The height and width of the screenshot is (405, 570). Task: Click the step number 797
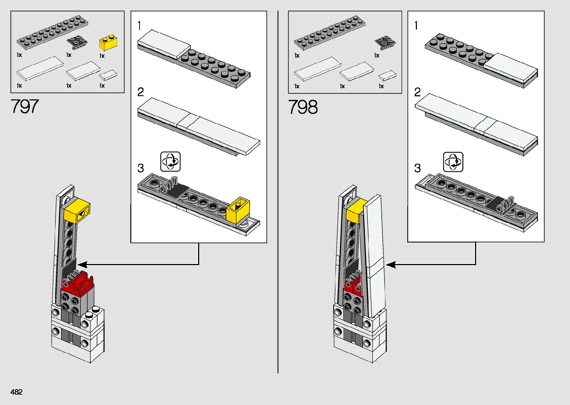pos(25,106)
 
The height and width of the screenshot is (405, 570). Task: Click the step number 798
pos(303,107)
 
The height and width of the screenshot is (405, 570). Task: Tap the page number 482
pos(16,392)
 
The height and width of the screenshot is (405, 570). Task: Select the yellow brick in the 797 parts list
pos(108,43)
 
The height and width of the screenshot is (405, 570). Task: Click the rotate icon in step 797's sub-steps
pos(170,161)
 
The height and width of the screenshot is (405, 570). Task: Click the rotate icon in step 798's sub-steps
pos(453,162)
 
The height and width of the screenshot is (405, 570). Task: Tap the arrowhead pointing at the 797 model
pos(82,265)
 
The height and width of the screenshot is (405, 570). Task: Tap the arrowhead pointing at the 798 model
pos(391,265)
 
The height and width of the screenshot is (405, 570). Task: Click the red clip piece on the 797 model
pos(78,284)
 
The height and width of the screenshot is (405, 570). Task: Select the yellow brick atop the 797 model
pos(77,210)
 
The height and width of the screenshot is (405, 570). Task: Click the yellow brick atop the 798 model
pos(356,212)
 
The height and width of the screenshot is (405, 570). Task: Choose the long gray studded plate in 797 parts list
pos(52,32)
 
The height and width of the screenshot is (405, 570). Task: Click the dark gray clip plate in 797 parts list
pos(77,43)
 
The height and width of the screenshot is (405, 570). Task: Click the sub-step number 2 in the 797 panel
pos(140,92)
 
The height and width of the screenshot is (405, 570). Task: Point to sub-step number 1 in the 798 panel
pos(416,26)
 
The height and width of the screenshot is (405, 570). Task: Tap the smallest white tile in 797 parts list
pos(108,75)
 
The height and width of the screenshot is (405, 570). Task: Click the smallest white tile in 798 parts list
pos(388,75)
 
